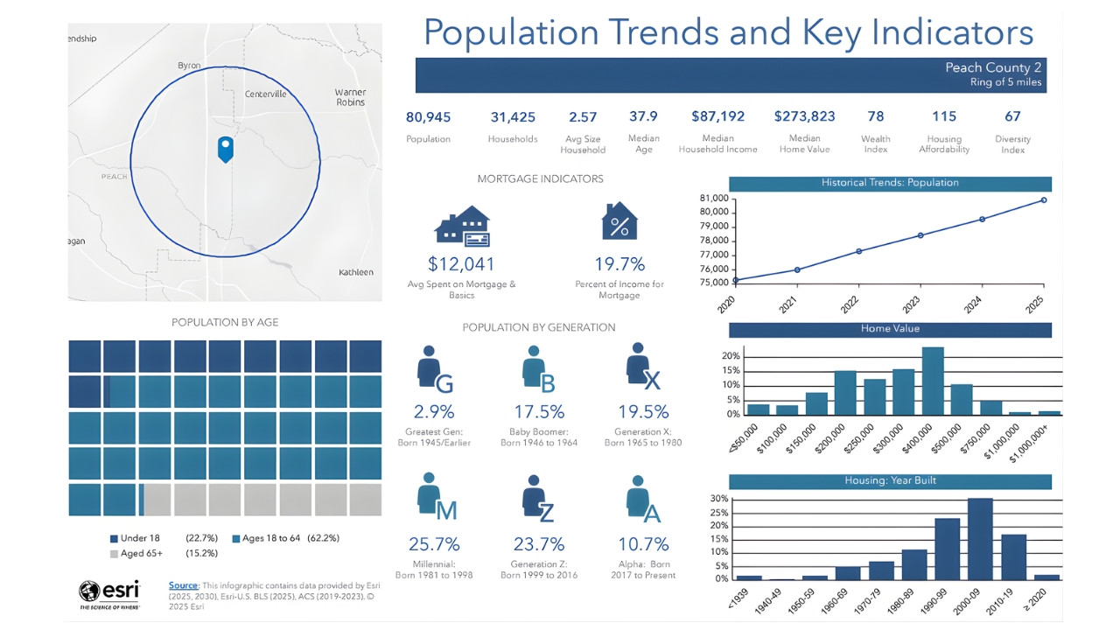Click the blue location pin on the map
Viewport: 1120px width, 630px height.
(226, 148)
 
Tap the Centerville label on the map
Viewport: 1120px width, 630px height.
(265, 94)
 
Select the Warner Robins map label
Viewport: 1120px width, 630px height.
(350, 97)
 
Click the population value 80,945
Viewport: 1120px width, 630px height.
(428, 116)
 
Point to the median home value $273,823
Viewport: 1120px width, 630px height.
(804, 116)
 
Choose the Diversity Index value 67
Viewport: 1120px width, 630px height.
(1012, 116)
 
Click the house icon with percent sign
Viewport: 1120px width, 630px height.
(619, 222)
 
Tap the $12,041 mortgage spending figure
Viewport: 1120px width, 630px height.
(461, 264)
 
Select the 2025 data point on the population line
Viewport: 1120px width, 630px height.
(1043, 200)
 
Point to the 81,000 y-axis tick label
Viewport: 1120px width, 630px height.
(714, 199)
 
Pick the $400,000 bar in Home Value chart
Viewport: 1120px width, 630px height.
(932, 381)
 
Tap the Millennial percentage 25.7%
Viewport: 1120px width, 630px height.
(434, 544)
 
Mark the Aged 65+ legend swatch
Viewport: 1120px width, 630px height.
(114, 554)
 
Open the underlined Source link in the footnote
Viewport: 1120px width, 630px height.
(183, 584)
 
